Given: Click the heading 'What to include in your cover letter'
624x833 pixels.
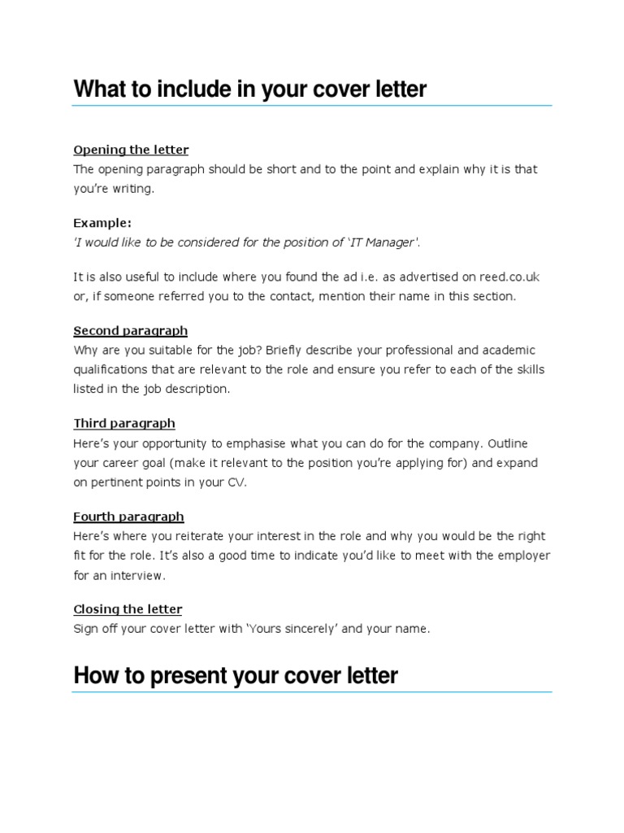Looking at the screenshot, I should pos(249,89).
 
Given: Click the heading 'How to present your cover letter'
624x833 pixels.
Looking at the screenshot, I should pos(235,675).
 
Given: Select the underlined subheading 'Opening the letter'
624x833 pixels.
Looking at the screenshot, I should pos(131,150).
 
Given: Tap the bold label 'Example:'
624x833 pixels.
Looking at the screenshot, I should pos(102,223).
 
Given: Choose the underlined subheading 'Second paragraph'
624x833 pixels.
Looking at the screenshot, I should pos(130,331).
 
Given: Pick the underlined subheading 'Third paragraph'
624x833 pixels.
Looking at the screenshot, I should pos(123,424).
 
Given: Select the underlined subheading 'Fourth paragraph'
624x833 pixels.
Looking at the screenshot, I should pos(128,517).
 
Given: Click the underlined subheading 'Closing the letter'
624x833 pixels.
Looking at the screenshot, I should pos(128,609).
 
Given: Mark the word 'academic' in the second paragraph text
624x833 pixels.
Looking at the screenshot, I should pos(507,351).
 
